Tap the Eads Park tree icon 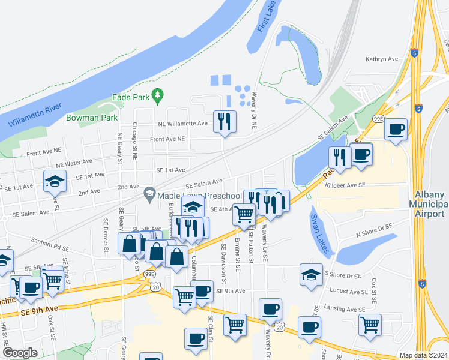158,95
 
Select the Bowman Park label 92,118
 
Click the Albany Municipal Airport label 431,205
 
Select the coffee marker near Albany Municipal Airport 395,129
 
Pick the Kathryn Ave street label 382,59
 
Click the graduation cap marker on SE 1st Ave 55,181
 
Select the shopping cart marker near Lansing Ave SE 370,325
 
